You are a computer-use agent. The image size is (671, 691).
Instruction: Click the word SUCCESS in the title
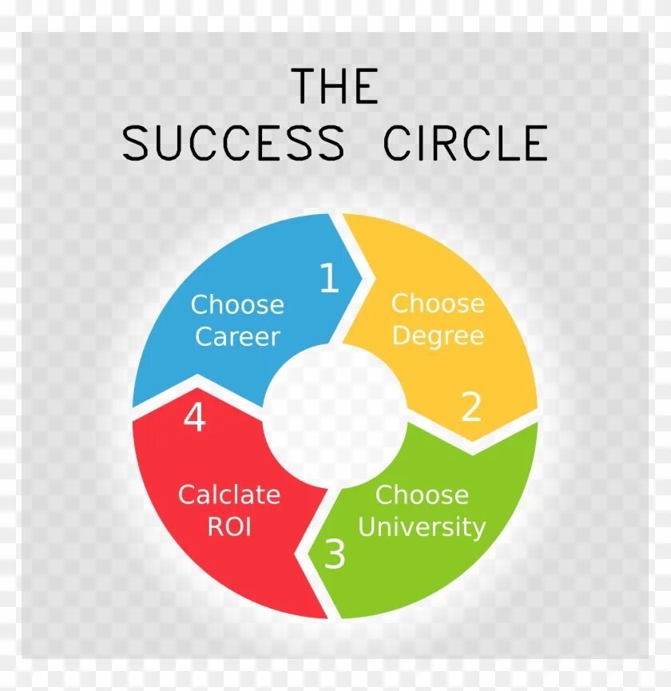tap(233, 144)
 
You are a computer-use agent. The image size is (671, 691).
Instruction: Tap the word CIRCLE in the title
tap(465, 144)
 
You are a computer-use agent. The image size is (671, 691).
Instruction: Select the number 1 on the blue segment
tap(329, 279)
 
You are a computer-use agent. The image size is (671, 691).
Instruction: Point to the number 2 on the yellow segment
tap(471, 407)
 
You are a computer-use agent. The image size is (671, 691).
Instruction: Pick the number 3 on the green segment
tap(334, 554)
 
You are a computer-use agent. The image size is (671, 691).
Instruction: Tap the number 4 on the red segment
tap(195, 418)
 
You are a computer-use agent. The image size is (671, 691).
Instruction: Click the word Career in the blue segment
tap(238, 336)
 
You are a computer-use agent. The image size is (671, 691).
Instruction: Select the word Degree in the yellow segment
tap(438, 336)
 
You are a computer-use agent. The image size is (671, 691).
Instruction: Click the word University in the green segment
tap(422, 527)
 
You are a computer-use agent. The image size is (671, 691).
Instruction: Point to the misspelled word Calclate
tap(229, 494)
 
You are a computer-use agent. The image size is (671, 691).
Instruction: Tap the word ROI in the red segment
tap(229, 527)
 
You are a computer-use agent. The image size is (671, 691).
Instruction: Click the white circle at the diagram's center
tap(335, 415)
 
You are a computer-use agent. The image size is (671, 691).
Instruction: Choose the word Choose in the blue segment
tap(237, 304)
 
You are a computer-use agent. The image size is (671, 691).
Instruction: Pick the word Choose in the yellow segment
tap(438, 304)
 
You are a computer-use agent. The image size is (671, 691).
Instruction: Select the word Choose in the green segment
tap(422, 494)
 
